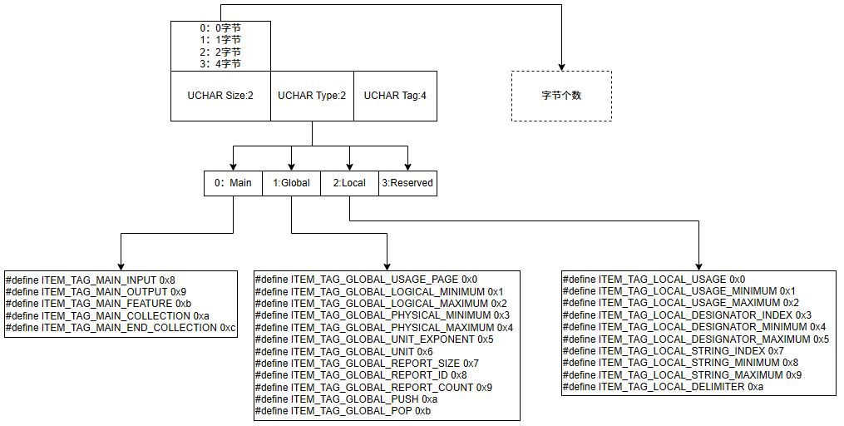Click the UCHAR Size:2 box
pyautogui.click(x=220, y=96)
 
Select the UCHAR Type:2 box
pyautogui.click(x=312, y=96)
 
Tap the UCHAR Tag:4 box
pyautogui.click(x=395, y=96)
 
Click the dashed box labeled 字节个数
pyautogui.click(x=561, y=96)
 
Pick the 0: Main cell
pyautogui.click(x=233, y=183)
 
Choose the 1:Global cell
pyautogui.click(x=291, y=183)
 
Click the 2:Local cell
pyautogui.click(x=349, y=183)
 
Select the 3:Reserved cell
pyautogui.click(x=407, y=183)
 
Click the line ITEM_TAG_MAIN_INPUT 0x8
pyautogui.click(x=91, y=280)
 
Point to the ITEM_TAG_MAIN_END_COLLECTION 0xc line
pyautogui.click(x=121, y=328)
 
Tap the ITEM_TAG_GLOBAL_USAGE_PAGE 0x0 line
pyautogui.click(x=366, y=280)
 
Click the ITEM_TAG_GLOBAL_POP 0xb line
pyautogui.click(x=343, y=411)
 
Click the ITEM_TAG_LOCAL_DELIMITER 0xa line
pyautogui.click(x=663, y=387)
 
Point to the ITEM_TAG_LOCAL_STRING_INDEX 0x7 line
pyautogui.click(x=673, y=351)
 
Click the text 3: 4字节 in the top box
pyautogui.click(x=220, y=63)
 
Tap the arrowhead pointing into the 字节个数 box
pyautogui.click(x=561, y=67)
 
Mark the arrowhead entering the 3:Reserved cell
pyautogui.click(x=407, y=166)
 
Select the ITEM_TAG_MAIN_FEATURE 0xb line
pyautogui.click(x=98, y=304)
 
